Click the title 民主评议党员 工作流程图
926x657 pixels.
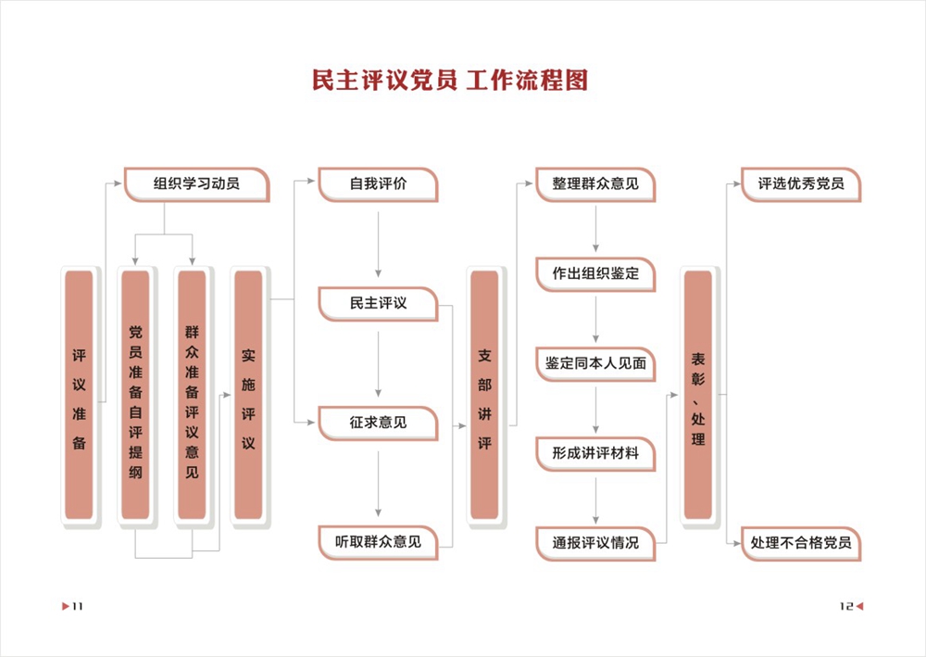pos(450,81)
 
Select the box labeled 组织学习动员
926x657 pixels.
pos(196,183)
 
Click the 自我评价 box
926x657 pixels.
pos(378,183)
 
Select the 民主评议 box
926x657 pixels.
pos(378,303)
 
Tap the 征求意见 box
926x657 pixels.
pos(378,422)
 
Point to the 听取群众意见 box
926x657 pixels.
pos(378,541)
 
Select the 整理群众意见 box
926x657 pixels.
pos(595,183)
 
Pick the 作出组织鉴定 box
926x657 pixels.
pos(595,273)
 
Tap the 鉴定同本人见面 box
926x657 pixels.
pos(595,363)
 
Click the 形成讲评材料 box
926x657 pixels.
pos(595,453)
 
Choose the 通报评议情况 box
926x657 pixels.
pos(595,543)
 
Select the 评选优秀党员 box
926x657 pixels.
pos(801,183)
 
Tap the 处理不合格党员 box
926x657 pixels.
pos(801,543)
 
